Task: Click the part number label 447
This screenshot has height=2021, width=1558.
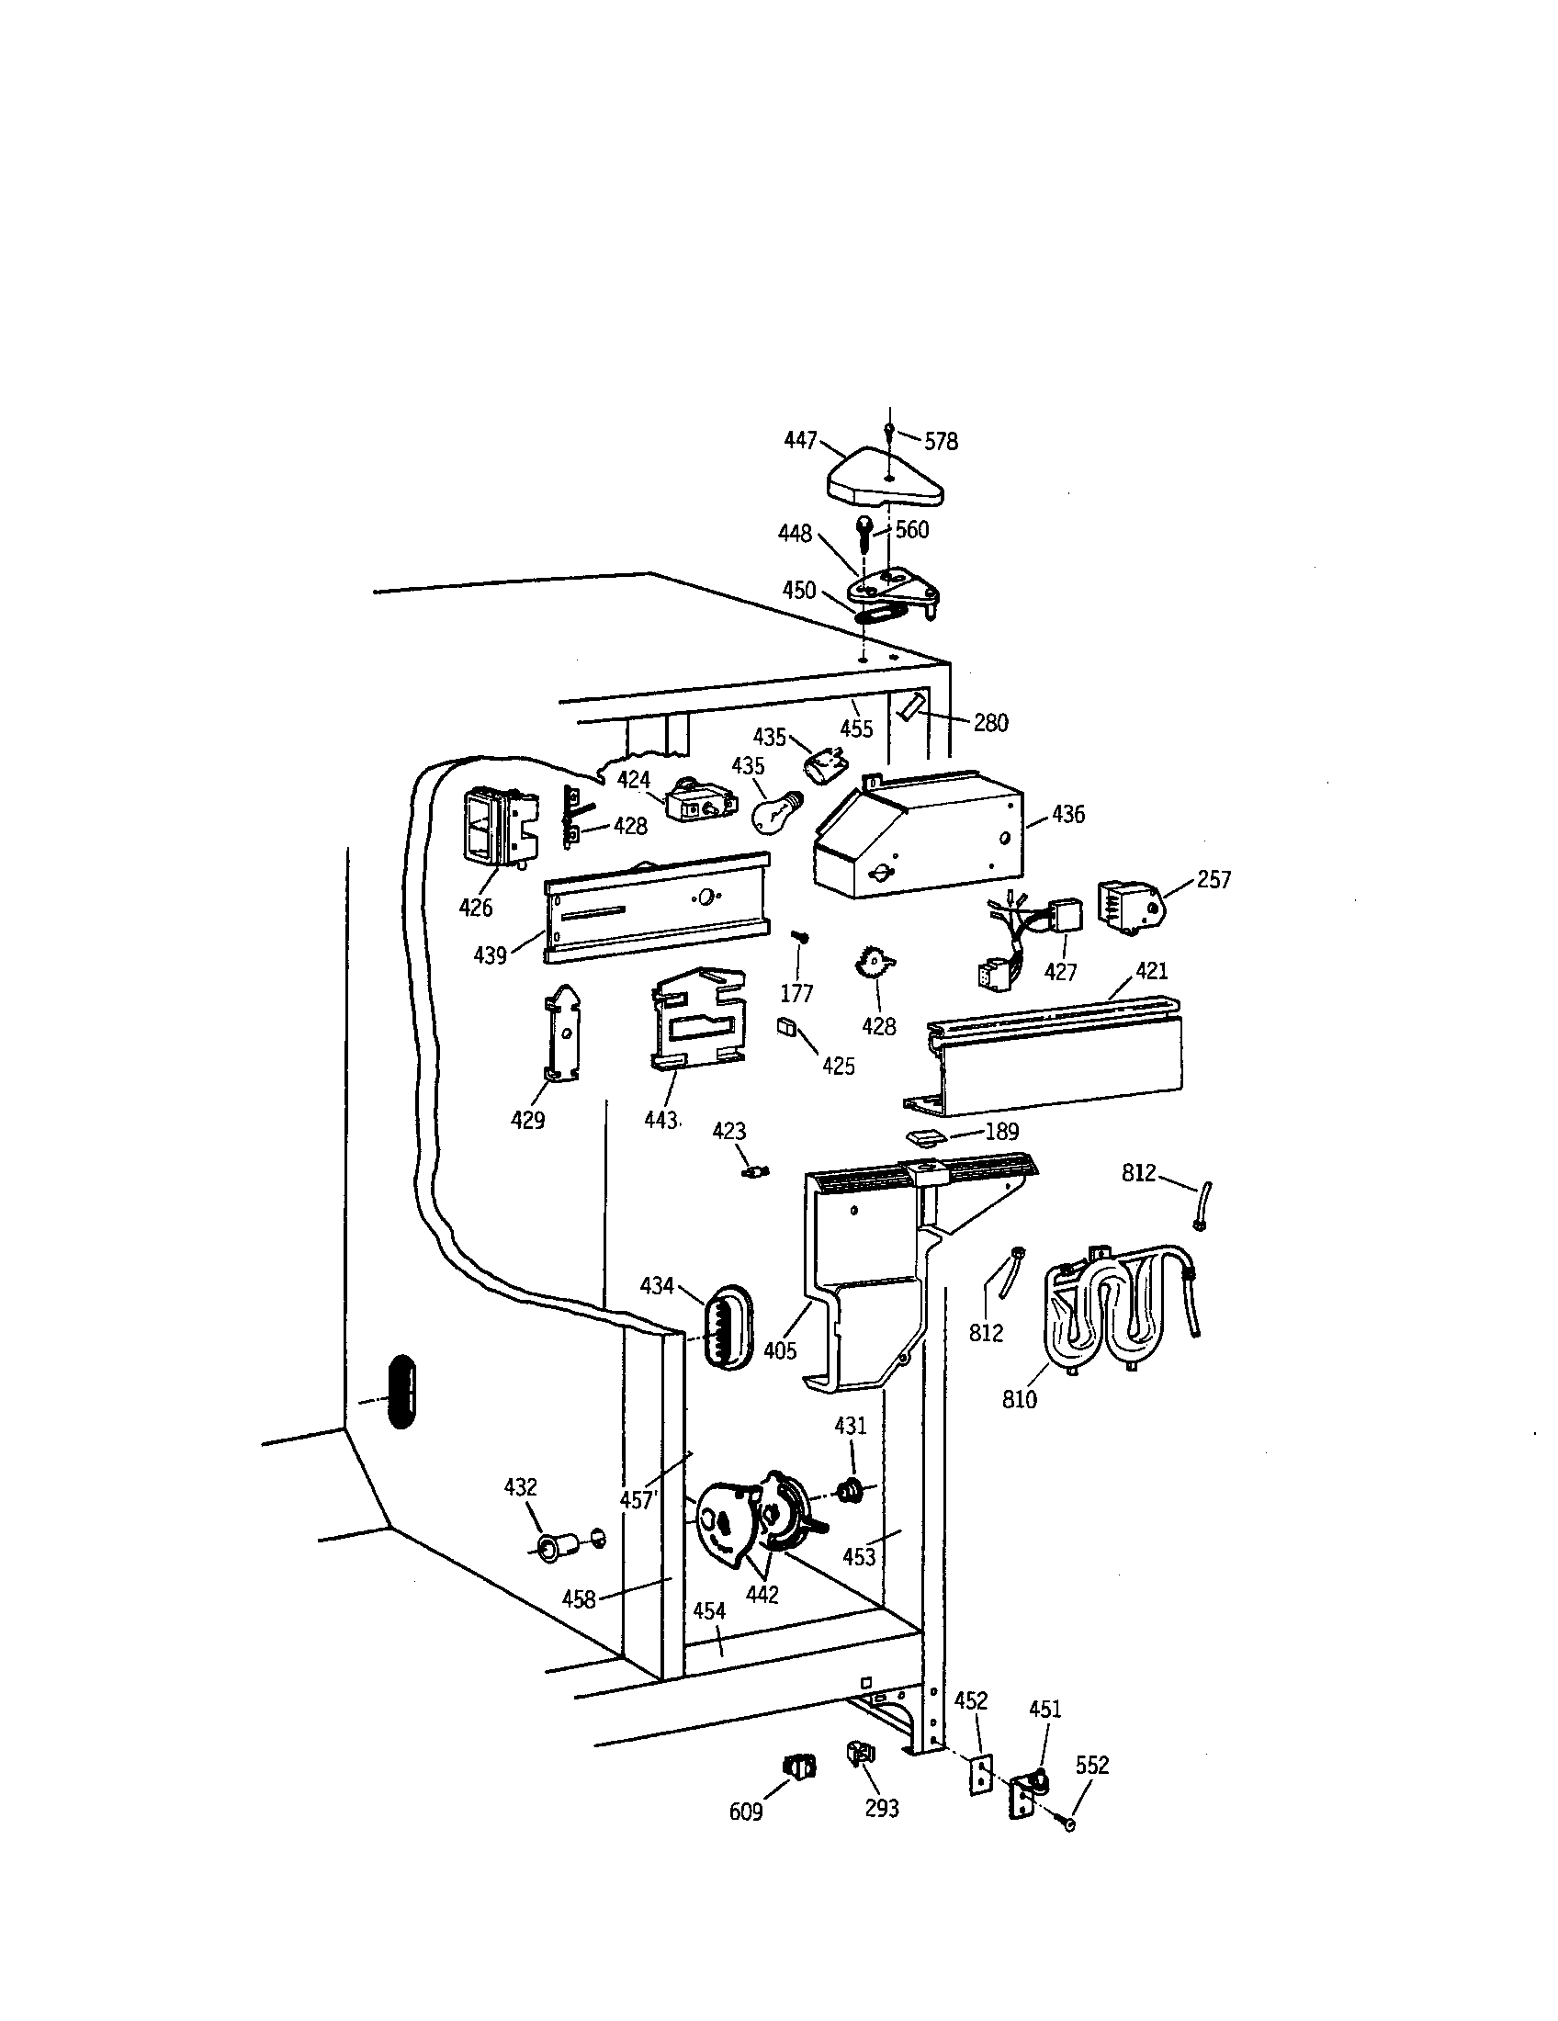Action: point(799,440)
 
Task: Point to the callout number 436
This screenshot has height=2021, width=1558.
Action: point(1067,815)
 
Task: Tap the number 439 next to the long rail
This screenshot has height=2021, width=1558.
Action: point(490,956)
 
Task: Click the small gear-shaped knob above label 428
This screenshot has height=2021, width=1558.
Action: point(874,966)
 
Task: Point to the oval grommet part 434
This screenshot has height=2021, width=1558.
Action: point(727,1325)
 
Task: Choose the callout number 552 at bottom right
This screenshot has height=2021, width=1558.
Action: point(1091,1766)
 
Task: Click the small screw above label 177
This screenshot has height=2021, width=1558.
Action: point(801,939)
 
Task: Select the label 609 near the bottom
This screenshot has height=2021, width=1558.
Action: point(746,1812)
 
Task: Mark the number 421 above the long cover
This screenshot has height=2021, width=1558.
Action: point(1151,972)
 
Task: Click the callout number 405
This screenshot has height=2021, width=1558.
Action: point(780,1351)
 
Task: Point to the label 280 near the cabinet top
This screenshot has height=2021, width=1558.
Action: point(990,724)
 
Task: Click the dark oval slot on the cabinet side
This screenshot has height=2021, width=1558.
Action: point(401,1391)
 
